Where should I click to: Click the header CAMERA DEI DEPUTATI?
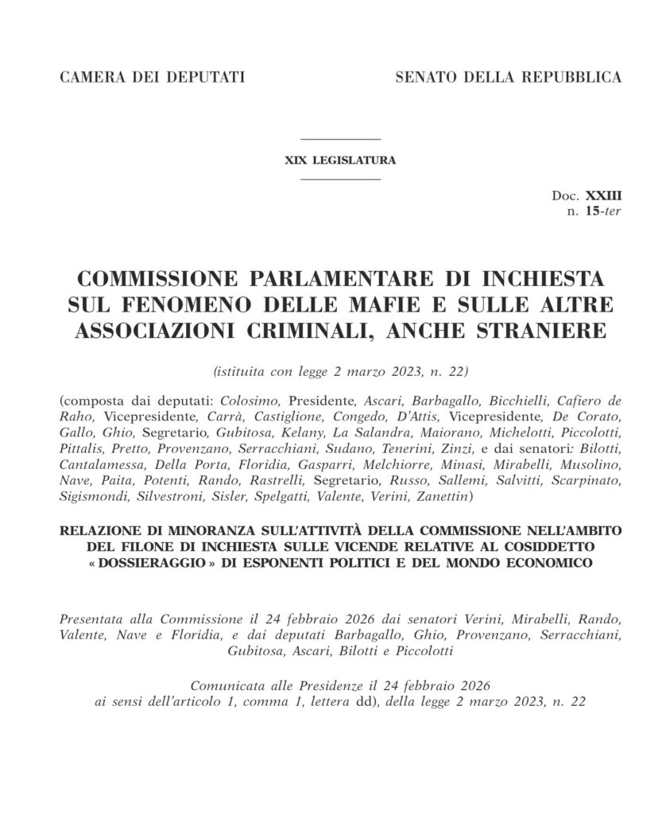point(152,78)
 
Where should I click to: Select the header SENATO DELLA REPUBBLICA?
point(508,78)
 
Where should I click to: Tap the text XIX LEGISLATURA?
point(341,160)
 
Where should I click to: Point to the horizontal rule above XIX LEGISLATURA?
point(341,141)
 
